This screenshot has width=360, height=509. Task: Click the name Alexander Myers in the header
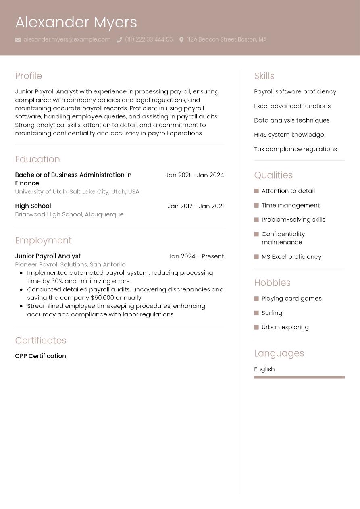(76, 23)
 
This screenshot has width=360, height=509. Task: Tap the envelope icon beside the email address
(18, 40)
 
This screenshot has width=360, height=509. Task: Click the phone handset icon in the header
(119, 40)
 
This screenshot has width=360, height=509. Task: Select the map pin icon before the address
(181, 40)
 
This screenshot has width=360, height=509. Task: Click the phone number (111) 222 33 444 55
(148, 39)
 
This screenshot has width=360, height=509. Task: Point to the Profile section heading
(28, 76)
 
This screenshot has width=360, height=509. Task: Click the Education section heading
(37, 159)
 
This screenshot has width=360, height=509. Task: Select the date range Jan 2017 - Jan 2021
(196, 206)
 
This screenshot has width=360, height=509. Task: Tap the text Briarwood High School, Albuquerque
(69, 214)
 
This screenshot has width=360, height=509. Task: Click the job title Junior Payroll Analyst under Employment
(48, 256)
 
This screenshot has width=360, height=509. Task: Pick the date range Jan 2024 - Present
(196, 256)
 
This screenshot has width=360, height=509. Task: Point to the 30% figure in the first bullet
(56, 281)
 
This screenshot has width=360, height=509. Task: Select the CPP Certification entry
(40, 356)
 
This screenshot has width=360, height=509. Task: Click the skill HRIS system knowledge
(289, 135)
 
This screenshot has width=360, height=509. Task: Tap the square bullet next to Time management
(256, 206)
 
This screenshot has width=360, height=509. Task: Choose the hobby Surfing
(272, 313)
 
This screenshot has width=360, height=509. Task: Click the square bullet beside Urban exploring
(256, 327)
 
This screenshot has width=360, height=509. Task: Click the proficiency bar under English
(299, 378)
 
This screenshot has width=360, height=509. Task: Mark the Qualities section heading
(273, 175)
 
